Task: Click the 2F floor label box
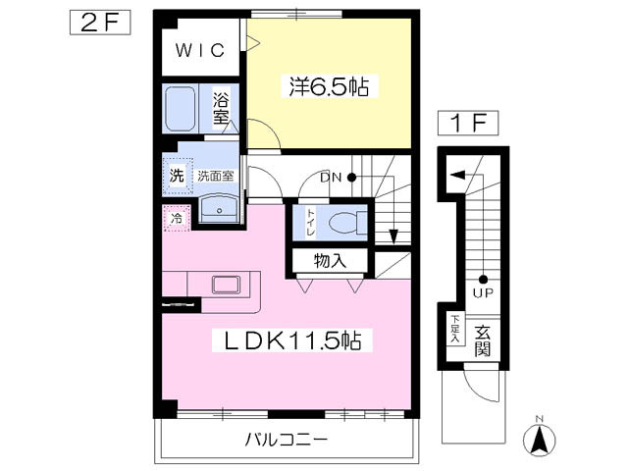[100, 23]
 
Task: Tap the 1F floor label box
[468, 123]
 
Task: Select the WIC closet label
[200, 50]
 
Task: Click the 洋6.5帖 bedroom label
[330, 86]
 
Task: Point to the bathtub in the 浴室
[181, 109]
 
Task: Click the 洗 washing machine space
[178, 176]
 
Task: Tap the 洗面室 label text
[216, 176]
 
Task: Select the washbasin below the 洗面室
[219, 209]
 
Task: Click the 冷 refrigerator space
[177, 218]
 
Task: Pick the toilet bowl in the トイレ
[345, 223]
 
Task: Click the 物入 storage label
[330, 261]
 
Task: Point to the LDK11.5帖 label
[292, 340]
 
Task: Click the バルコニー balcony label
[287, 440]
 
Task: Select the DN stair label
[331, 178]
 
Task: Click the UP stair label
[483, 292]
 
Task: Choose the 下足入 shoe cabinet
[455, 330]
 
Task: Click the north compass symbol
[540, 440]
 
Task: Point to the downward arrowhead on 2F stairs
[393, 235]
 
